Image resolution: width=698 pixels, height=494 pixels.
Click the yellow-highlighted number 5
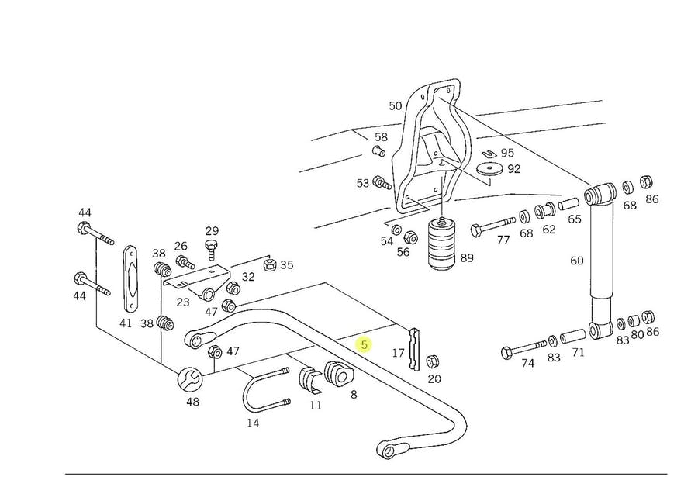click(x=364, y=344)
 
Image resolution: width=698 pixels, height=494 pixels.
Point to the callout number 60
click(x=576, y=261)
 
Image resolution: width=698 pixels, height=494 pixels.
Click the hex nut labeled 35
click(x=269, y=265)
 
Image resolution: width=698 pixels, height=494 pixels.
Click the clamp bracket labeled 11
click(x=308, y=381)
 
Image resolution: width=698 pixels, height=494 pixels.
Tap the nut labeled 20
click(x=434, y=361)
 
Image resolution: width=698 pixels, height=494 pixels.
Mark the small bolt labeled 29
click(x=211, y=249)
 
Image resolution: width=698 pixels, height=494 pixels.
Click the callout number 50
click(x=396, y=105)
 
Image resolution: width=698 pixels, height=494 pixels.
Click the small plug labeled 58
click(x=379, y=151)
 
